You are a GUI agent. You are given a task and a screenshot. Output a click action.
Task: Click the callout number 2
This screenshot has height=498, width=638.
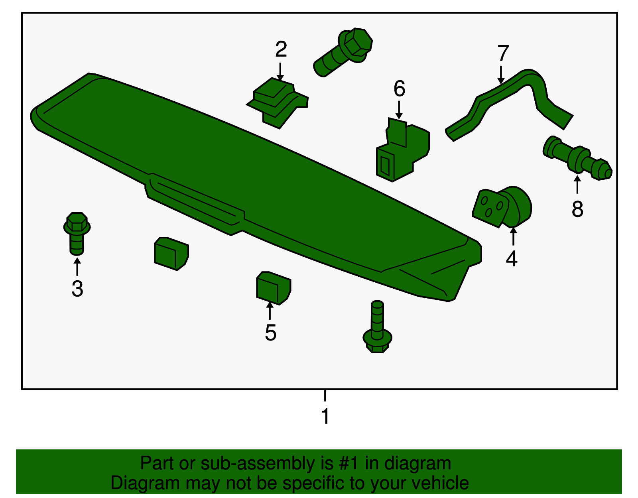[281, 49]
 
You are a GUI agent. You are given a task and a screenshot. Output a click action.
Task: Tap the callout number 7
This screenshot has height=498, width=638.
[503, 53]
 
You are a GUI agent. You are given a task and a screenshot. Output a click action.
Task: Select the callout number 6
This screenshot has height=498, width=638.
[399, 89]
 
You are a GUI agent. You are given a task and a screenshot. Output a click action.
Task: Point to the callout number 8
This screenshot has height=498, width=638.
[577, 209]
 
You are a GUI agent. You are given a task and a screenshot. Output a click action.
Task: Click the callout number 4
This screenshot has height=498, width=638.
[512, 259]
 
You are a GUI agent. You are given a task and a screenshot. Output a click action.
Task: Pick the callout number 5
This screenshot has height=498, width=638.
[270, 333]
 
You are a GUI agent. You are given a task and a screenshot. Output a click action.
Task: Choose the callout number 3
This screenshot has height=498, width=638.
[77, 289]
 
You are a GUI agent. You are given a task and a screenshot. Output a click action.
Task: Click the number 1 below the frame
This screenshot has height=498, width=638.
[325, 416]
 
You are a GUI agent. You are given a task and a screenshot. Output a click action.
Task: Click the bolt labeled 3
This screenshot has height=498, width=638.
[77, 233]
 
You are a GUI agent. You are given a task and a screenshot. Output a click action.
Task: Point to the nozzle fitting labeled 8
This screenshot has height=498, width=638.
[577, 159]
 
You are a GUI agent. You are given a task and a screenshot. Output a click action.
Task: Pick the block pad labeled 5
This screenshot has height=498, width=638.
[273, 288]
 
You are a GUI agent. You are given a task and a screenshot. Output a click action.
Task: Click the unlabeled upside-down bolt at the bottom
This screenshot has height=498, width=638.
[377, 329]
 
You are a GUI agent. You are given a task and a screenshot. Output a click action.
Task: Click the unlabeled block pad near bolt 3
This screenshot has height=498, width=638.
[171, 254]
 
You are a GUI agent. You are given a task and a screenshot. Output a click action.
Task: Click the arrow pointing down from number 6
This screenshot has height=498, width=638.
[399, 110]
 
